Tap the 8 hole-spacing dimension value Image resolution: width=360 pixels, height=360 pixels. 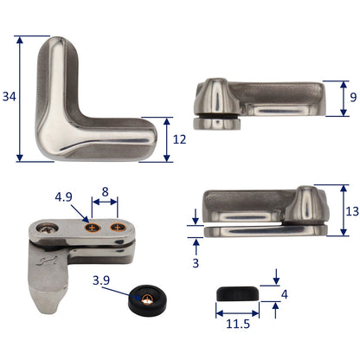(x=106, y=191)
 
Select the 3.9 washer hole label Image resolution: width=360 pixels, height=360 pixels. (x=102, y=280)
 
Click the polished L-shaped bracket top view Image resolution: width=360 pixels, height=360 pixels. (x=87, y=104)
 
